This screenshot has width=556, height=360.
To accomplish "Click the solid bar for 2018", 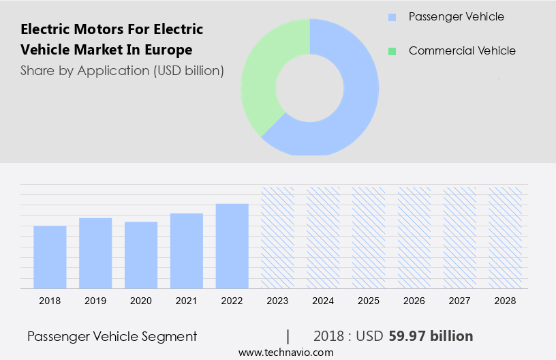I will click(x=50, y=257).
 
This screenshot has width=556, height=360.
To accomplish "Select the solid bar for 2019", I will click(x=95, y=253).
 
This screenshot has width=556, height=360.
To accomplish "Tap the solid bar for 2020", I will click(x=141, y=255).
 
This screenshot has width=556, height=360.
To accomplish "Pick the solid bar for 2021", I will click(x=187, y=251).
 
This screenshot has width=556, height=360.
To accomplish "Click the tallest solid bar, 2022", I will click(x=232, y=246).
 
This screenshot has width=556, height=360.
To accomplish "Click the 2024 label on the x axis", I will click(x=323, y=301).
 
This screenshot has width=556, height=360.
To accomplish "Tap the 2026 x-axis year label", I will click(x=414, y=301).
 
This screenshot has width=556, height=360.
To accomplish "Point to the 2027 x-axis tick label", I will click(x=460, y=301).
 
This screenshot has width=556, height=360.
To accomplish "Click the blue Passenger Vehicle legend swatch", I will click(x=391, y=17).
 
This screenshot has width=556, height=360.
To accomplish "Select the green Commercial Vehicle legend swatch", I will click(x=391, y=51).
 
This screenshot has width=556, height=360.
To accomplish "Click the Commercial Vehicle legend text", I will click(x=462, y=51).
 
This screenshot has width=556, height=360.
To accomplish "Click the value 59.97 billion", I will click(x=431, y=336).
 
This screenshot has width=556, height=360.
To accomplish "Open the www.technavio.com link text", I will click(x=286, y=352).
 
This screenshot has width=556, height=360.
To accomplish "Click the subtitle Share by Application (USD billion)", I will click(x=122, y=70).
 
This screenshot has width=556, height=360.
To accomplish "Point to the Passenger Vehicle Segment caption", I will click(x=112, y=336).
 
